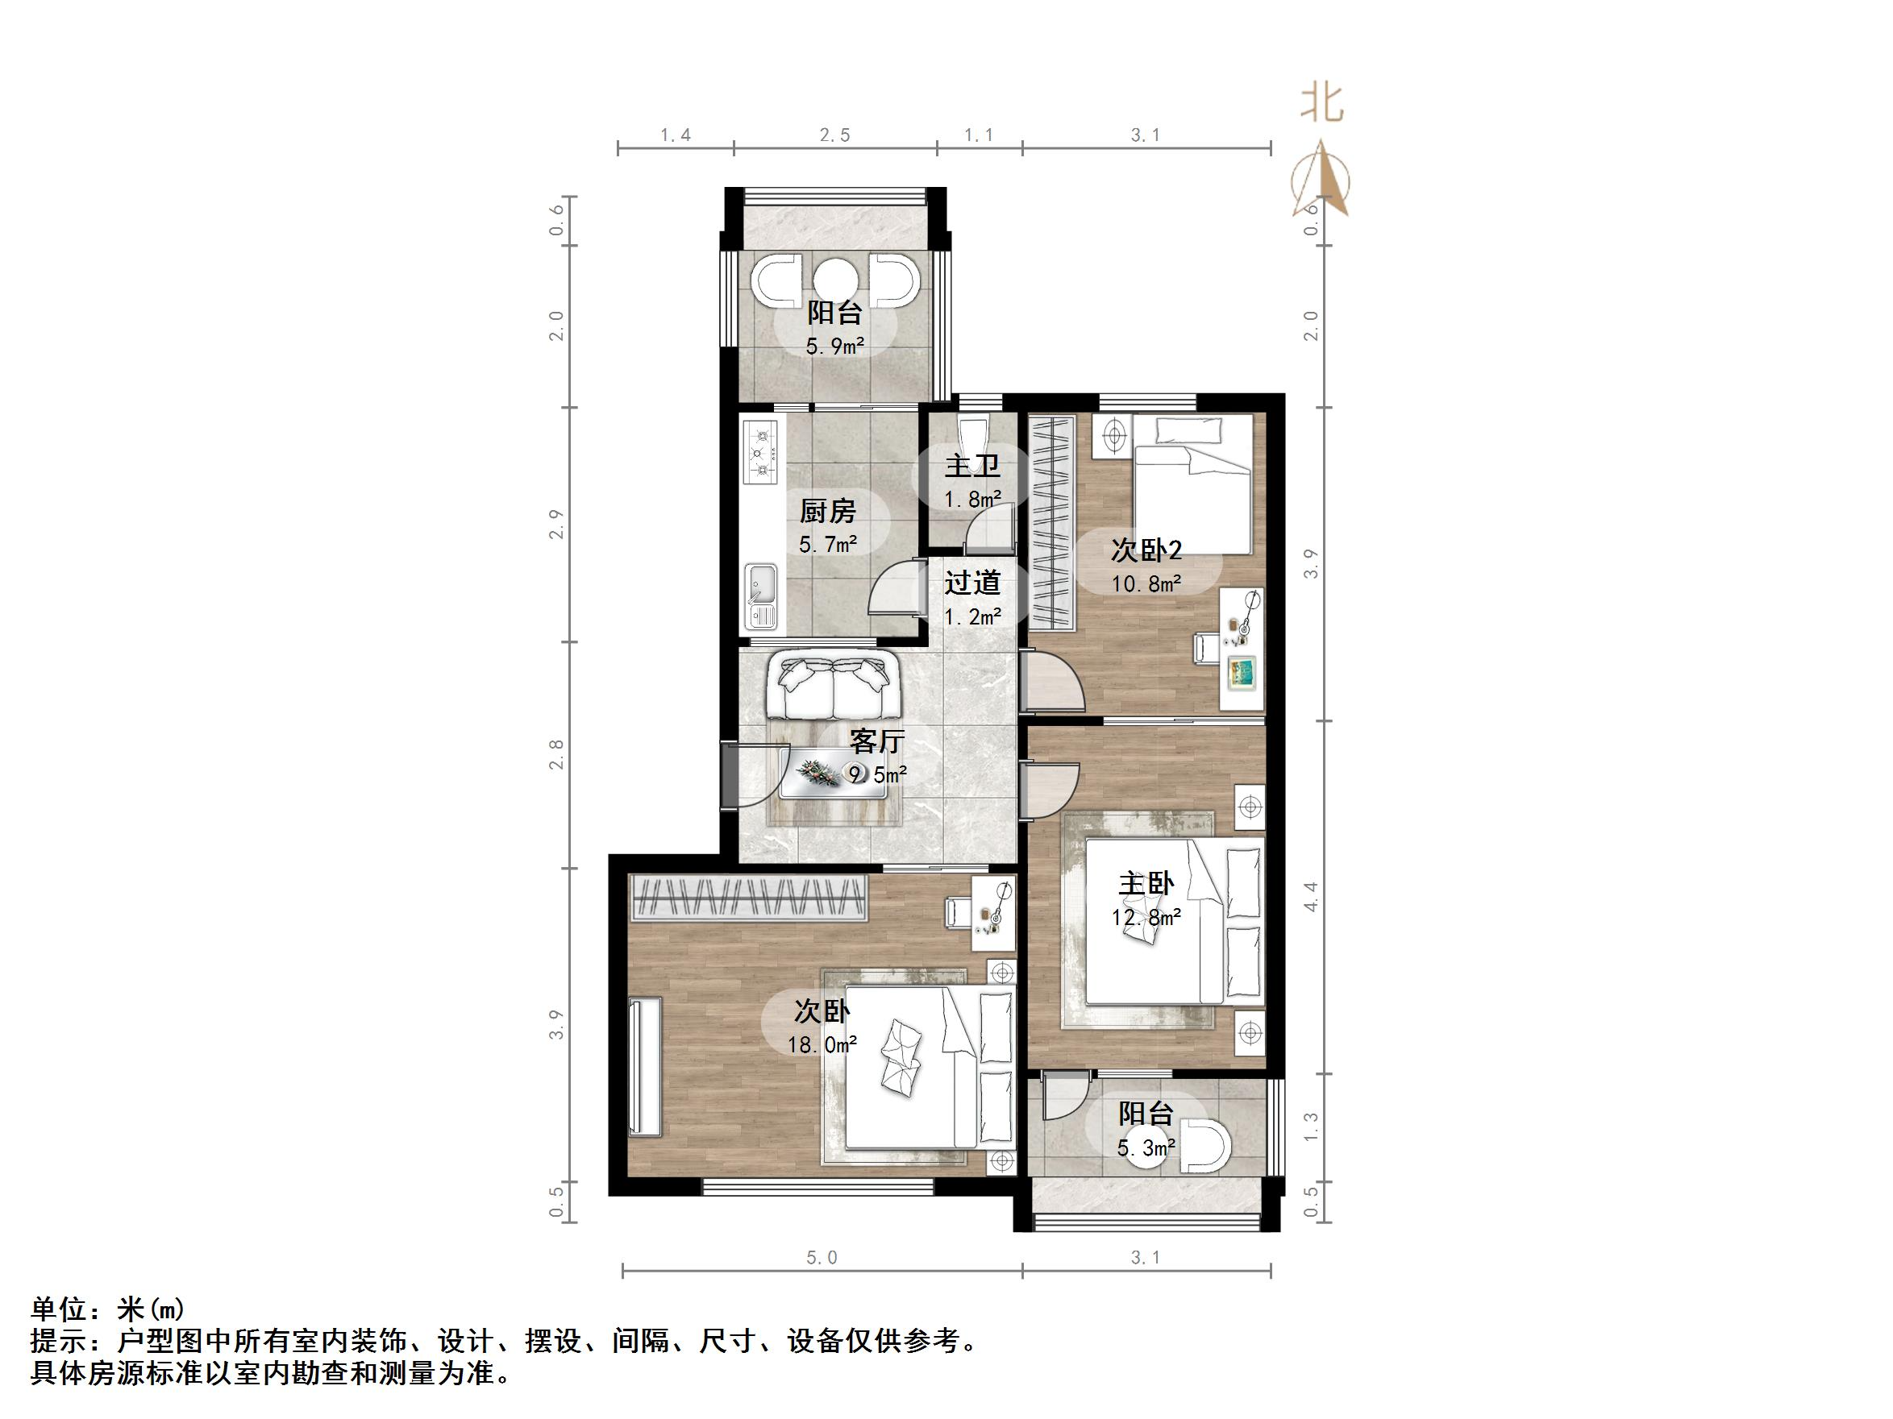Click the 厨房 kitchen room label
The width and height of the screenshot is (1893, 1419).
[x=827, y=512]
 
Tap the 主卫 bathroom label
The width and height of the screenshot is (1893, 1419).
[x=972, y=467]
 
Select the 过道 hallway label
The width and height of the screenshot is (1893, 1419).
[x=972, y=583]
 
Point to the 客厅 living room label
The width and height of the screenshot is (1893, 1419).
[x=876, y=741]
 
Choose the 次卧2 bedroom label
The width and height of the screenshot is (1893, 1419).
[x=1146, y=550]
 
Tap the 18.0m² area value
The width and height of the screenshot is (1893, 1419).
[x=822, y=1044]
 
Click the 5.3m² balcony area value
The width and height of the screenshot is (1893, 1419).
[x=1146, y=1147]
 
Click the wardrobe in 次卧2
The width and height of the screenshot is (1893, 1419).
[x=1051, y=519]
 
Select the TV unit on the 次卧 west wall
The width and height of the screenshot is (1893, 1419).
[x=644, y=1067]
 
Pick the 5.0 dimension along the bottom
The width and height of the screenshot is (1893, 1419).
[x=821, y=1257]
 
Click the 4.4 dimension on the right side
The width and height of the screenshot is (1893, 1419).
[x=1310, y=896]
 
